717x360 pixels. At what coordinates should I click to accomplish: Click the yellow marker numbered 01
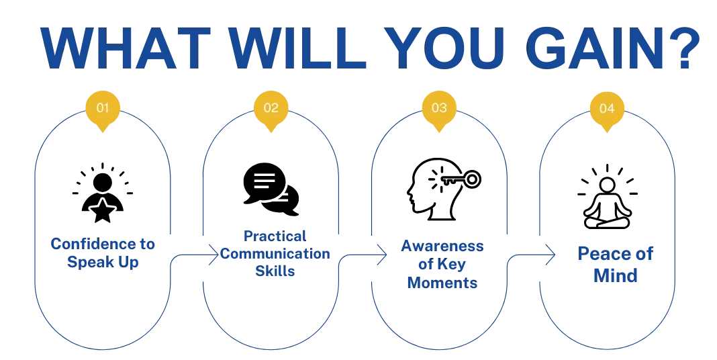[x=103, y=108]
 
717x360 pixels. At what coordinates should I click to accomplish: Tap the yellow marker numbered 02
[x=271, y=108]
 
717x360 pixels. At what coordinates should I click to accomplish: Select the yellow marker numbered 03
[x=439, y=108]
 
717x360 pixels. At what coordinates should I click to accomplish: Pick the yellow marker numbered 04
[x=606, y=108]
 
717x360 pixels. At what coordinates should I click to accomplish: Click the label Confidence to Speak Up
[x=102, y=253]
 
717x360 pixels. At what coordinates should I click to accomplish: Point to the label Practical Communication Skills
[x=275, y=255]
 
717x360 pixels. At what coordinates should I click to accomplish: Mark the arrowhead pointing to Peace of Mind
[x=553, y=254]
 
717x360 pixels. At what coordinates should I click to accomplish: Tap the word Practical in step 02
[x=275, y=237]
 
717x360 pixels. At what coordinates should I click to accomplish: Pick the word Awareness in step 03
[x=442, y=246]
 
